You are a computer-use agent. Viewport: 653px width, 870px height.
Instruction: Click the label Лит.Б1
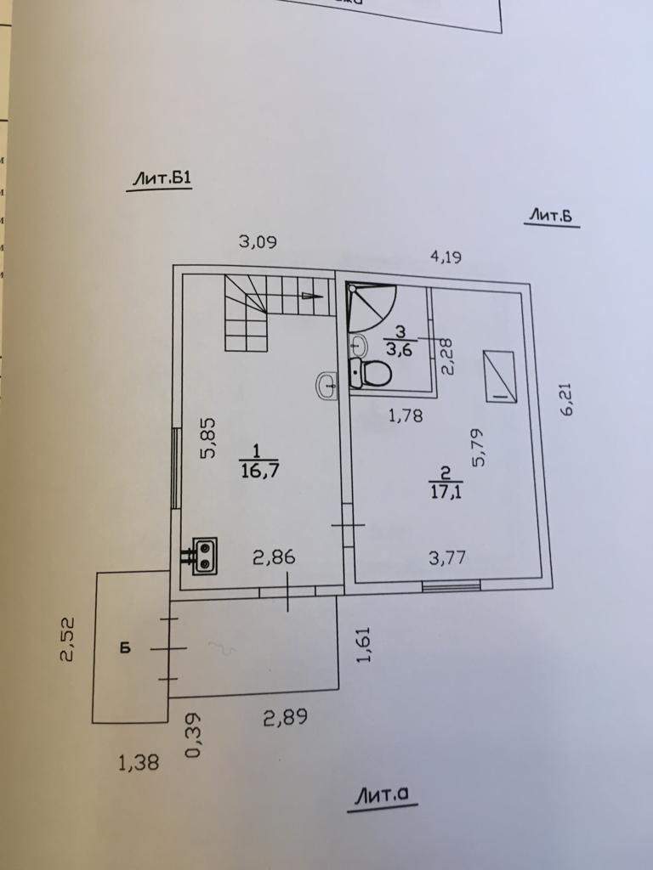click(x=160, y=178)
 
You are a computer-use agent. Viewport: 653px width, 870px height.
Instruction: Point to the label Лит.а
click(x=383, y=796)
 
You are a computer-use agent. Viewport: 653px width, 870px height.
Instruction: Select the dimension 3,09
click(x=258, y=242)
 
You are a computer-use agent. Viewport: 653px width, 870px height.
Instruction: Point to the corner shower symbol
click(x=372, y=308)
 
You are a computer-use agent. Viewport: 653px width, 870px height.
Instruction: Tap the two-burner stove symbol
click(x=204, y=556)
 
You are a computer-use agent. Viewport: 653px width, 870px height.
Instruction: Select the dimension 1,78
click(x=406, y=416)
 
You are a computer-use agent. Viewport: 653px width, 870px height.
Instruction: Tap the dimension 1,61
click(x=365, y=646)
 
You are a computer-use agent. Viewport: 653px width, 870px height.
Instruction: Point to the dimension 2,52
click(x=70, y=639)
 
